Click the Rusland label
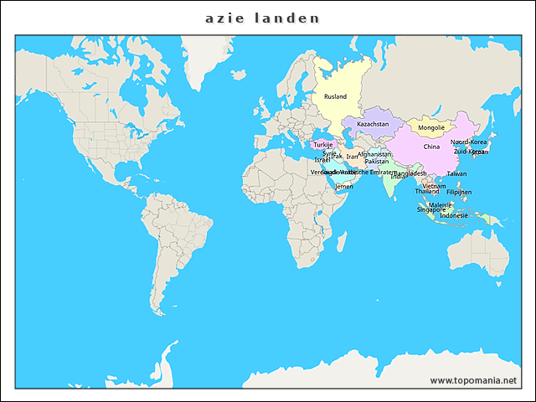point(335,97)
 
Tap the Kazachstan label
point(373,124)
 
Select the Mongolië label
point(431,128)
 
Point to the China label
point(431,147)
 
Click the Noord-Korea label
point(469,142)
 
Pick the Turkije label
point(323,145)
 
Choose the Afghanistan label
point(374,154)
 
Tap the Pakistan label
point(377,161)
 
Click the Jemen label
point(344,186)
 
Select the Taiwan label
point(456,173)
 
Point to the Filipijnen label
point(459,192)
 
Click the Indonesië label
point(454,215)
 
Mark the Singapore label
point(431,209)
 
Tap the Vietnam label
point(434,186)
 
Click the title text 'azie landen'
point(262,18)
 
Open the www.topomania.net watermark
point(473,380)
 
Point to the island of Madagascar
point(343,244)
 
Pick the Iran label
point(352,157)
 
